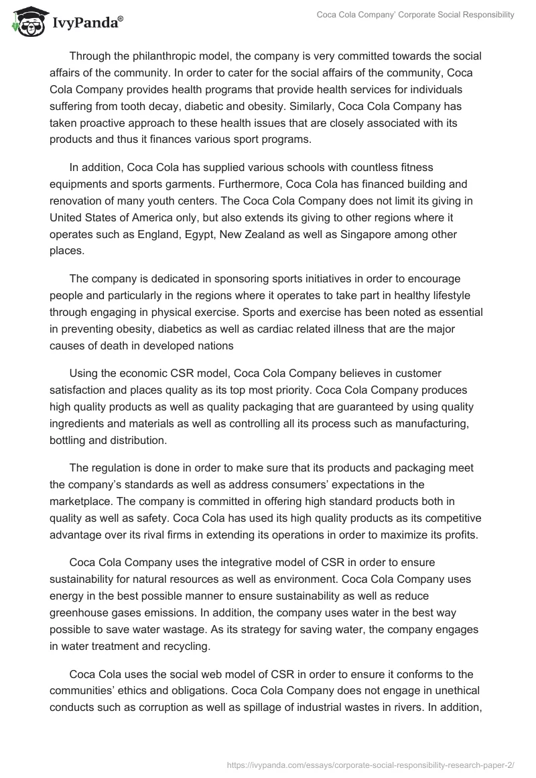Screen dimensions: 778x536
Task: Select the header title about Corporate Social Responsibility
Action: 415,15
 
